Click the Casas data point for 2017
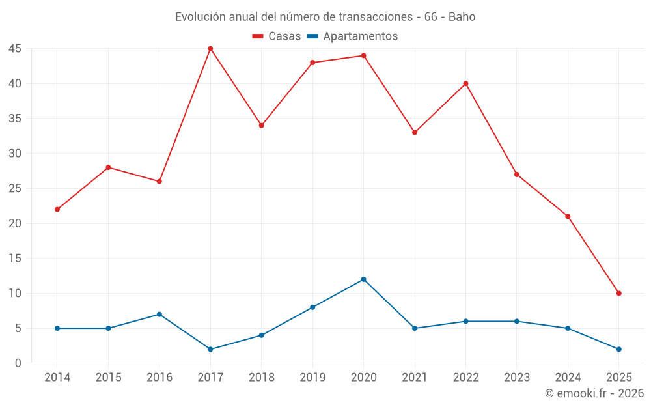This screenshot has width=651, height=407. pyautogui.click(x=210, y=49)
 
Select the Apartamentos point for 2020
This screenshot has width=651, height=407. pyautogui.click(x=363, y=279)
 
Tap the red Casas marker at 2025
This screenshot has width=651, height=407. pyautogui.click(x=618, y=293)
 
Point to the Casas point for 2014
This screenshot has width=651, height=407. pyautogui.click(x=57, y=210)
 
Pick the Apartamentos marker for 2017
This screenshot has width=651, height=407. pyautogui.click(x=210, y=349)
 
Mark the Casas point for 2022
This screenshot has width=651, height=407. pyautogui.click(x=465, y=83)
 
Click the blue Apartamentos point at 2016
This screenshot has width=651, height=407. pyautogui.click(x=159, y=315)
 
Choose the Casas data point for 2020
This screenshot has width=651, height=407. pyautogui.click(x=363, y=56)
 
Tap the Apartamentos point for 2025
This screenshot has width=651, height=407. pyautogui.click(x=618, y=349)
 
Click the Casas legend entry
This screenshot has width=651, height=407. pyautogui.click(x=277, y=36)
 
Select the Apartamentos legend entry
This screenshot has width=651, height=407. pyautogui.click(x=352, y=36)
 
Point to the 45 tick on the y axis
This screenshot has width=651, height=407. pyautogui.click(x=15, y=49)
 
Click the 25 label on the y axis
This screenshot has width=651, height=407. pyautogui.click(x=15, y=189)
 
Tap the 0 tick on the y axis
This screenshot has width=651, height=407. pyautogui.click(x=18, y=363)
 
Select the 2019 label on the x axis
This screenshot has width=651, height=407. pyautogui.click(x=312, y=378)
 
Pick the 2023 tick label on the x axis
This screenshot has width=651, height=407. pyautogui.click(x=517, y=378)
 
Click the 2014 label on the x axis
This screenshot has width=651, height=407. pyautogui.click(x=57, y=378)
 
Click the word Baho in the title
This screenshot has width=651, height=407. pyautogui.click(x=462, y=16)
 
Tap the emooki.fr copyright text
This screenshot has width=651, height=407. pyautogui.click(x=594, y=393)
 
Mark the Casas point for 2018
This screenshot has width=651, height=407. pyautogui.click(x=261, y=126)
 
